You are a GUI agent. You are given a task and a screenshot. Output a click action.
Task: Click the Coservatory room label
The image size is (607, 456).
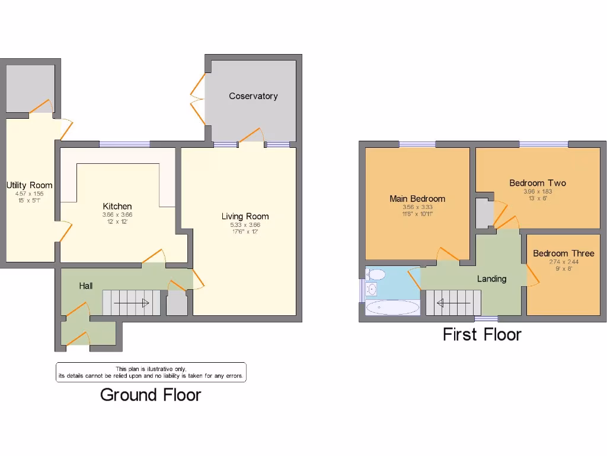[253, 96]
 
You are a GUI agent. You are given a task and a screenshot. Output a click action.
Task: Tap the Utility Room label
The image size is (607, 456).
[30, 185]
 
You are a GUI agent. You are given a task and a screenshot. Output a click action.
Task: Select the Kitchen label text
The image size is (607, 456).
[117, 206]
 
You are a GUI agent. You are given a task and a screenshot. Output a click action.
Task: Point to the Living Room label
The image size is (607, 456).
[245, 216]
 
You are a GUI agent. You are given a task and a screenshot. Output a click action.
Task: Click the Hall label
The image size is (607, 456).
[86, 286]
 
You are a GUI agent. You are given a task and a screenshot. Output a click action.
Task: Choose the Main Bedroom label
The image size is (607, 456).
[417, 198]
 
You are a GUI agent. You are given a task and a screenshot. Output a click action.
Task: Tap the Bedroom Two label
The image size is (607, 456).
[538, 183]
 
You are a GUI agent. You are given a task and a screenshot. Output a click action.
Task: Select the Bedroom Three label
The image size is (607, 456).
[563, 253]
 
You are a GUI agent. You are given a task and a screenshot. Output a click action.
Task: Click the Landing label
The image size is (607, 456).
[492, 278]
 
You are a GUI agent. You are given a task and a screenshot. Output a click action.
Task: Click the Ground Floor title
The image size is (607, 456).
[151, 395]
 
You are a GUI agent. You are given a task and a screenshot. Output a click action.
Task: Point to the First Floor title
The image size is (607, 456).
[482, 334]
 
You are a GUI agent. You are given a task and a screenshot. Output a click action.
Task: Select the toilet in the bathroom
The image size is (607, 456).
[376, 274]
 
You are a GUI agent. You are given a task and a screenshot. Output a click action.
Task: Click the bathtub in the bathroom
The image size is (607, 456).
[392, 307]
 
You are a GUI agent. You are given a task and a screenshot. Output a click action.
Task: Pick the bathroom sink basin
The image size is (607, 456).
[372, 289]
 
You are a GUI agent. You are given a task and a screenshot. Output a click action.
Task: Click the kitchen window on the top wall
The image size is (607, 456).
[124, 144]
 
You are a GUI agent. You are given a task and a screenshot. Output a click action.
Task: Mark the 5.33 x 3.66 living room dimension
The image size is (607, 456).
[245, 225]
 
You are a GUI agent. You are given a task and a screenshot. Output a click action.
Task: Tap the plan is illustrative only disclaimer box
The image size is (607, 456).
[151, 372]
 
